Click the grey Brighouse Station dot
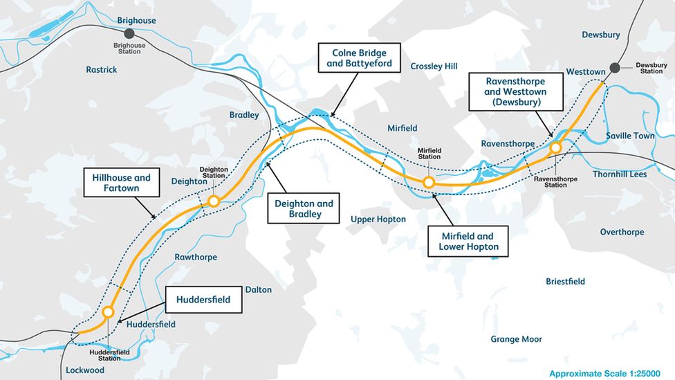129,33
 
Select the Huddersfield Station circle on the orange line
108,312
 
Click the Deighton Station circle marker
214,201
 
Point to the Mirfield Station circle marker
429,182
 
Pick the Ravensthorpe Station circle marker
555,147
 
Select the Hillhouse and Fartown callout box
121,183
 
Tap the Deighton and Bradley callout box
304,208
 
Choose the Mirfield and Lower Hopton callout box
468,241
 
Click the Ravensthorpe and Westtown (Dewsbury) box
516,91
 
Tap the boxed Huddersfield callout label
203,300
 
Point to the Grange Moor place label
516,339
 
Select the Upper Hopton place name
378,219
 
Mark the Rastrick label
102,70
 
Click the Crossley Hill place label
434,66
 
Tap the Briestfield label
565,282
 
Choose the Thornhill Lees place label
619,174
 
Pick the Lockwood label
85,370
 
